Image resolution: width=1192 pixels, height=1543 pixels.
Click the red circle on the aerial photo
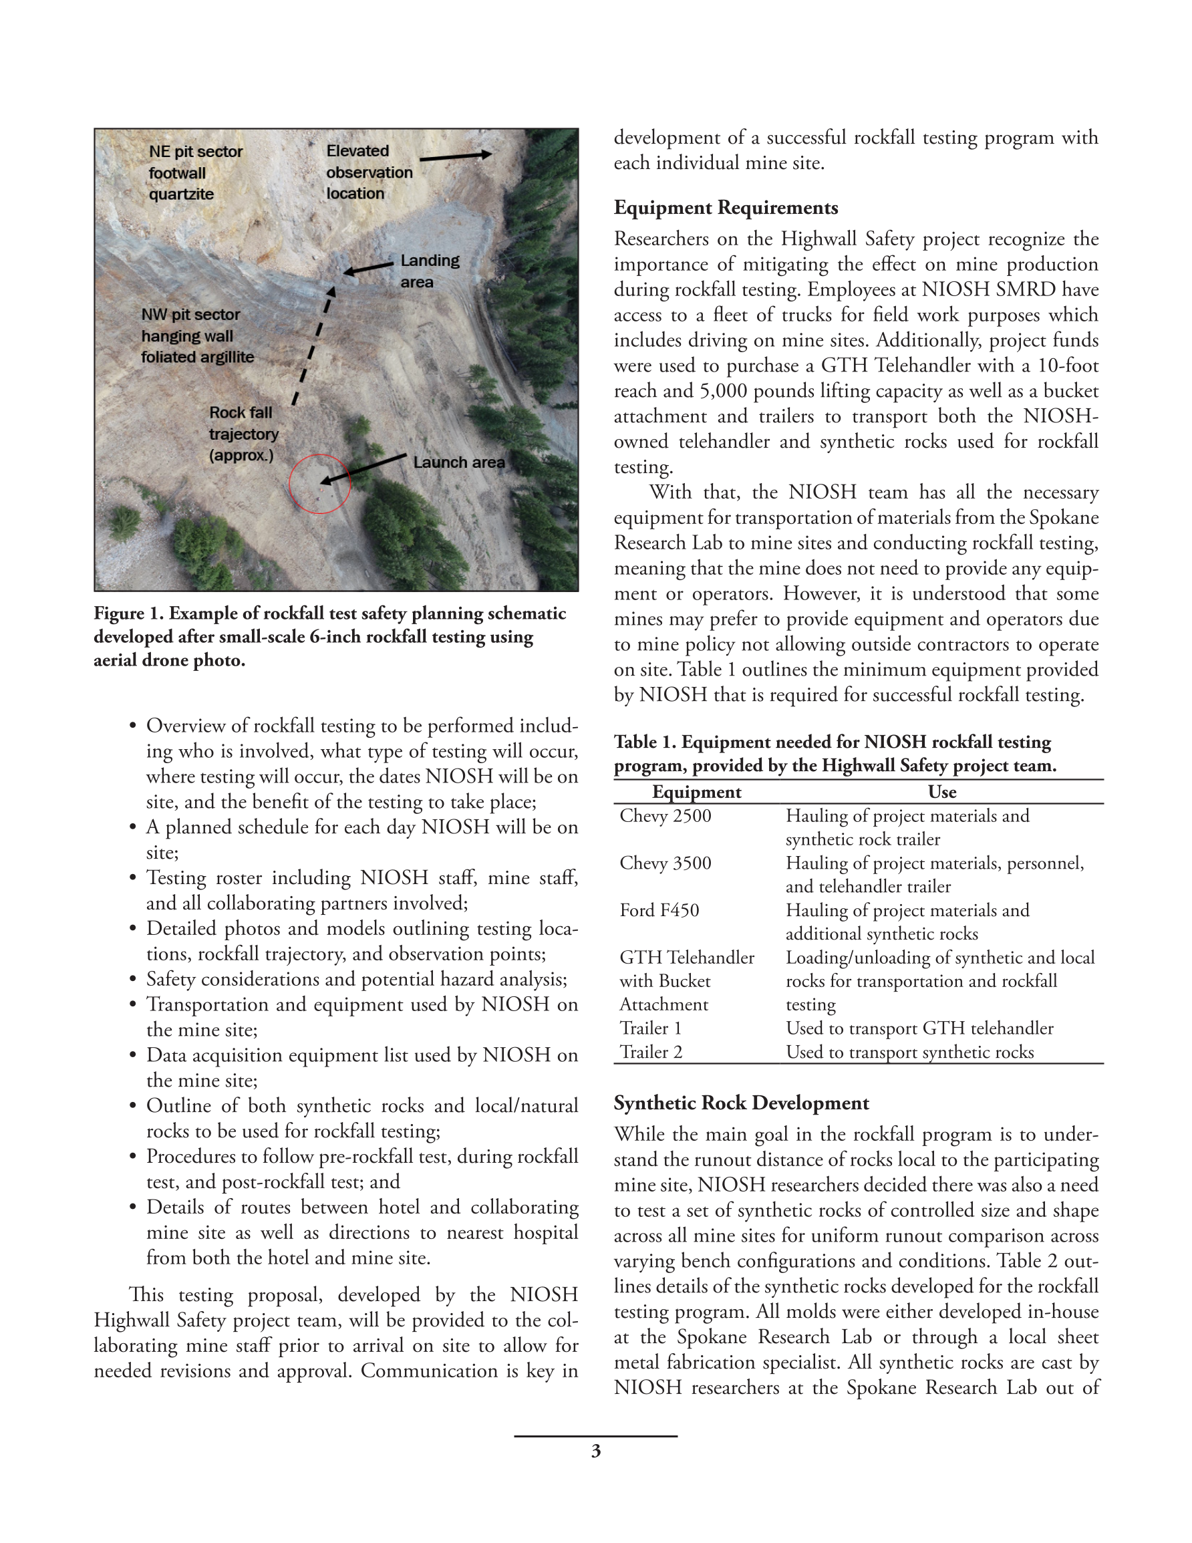click(320, 484)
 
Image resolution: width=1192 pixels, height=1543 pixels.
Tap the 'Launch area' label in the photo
click(458, 462)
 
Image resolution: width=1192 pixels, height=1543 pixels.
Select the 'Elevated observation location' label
click(369, 172)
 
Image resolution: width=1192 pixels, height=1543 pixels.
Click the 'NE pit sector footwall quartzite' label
click(195, 173)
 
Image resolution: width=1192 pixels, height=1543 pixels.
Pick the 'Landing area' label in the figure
click(429, 271)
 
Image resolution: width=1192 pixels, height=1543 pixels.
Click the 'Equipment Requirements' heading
click(726, 208)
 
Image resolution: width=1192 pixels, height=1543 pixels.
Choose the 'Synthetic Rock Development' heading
click(741, 1103)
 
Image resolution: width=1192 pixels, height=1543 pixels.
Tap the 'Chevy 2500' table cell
click(665, 816)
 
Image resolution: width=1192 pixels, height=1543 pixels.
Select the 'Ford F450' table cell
click(659, 911)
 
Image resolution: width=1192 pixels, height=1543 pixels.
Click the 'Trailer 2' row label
click(651, 1052)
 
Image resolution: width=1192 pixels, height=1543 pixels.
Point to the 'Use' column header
click(942, 792)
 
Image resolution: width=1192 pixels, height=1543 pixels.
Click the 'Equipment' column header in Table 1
click(696, 792)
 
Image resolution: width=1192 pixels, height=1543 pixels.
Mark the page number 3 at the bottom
click(595, 1451)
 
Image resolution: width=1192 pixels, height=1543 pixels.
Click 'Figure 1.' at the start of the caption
click(128, 613)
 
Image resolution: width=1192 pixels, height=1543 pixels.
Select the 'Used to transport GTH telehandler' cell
click(919, 1028)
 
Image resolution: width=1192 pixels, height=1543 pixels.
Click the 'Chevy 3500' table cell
click(665, 863)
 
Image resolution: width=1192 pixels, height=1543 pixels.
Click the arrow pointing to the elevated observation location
click(456, 156)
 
